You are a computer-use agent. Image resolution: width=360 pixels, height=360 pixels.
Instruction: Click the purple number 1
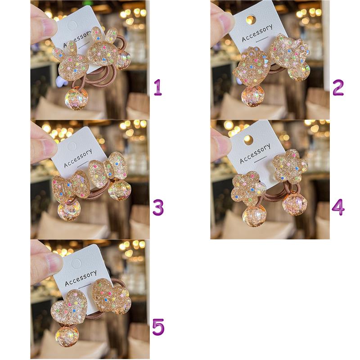click(x=158, y=87)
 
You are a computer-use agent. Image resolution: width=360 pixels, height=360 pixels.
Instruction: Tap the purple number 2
click(x=338, y=87)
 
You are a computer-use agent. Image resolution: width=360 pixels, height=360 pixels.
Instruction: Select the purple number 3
click(x=158, y=207)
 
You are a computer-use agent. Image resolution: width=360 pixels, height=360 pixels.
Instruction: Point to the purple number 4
click(x=338, y=207)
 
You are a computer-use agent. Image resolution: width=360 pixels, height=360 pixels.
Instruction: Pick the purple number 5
click(x=158, y=327)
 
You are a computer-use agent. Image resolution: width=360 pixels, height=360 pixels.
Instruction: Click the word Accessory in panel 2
click(x=257, y=33)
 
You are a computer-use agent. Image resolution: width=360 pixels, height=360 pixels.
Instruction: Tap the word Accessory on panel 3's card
click(x=78, y=158)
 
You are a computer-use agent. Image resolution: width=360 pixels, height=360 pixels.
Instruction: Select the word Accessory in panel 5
click(x=81, y=278)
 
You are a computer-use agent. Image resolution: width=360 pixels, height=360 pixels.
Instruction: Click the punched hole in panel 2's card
click(x=251, y=20)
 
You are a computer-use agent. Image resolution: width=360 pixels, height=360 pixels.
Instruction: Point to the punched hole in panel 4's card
click(x=248, y=140)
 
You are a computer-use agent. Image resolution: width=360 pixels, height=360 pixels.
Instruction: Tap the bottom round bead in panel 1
click(x=76, y=98)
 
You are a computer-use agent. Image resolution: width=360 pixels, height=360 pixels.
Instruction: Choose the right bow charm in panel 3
click(x=108, y=170)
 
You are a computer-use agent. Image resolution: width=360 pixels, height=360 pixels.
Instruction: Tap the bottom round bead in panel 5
click(x=67, y=336)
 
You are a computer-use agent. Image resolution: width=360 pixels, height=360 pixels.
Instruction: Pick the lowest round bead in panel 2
click(x=252, y=96)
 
